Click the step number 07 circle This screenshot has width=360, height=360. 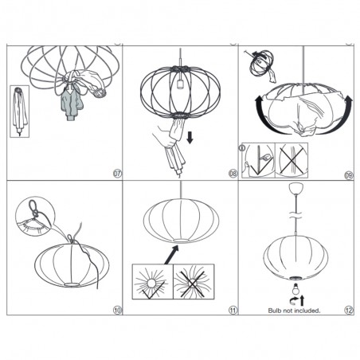tap(117, 174)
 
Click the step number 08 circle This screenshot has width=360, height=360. tap(233, 174)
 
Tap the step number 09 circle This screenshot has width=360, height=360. tap(349, 175)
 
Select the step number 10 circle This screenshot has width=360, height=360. tap(117, 310)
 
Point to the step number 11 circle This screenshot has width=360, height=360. tap(233, 310)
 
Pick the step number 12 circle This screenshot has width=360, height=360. tap(349, 310)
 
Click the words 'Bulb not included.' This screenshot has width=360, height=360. tap(294, 311)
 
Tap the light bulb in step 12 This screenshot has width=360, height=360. tap(295, 289)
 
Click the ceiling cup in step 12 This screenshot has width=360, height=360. tap(295, 188)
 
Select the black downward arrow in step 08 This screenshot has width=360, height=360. tap(190, 138)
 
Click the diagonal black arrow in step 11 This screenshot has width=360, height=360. tap(171, 255)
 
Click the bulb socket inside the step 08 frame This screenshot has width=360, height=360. tap(181, 84)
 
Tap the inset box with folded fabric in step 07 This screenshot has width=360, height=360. tap(19, 112)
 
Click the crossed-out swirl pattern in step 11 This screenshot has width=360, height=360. tap(194, 282)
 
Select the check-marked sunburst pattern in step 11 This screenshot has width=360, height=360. tap(153, 282)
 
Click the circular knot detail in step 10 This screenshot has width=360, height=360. tap(35, 216)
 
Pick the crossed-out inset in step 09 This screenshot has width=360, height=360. tap(292, 160)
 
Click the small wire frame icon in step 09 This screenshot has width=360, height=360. tap(261, 63)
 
